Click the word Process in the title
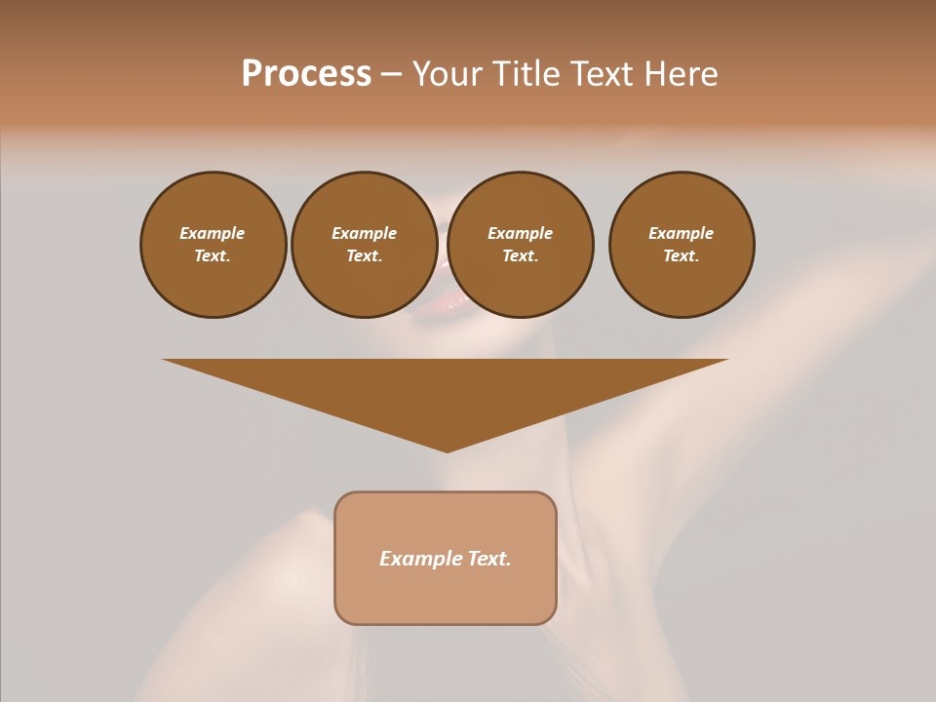pos(306,74)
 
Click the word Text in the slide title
pos(601,74)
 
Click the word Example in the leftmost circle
pos(213,233)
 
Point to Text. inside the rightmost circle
pos(682,256)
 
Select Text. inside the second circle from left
pos(364,256)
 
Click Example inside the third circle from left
pos(520,233)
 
